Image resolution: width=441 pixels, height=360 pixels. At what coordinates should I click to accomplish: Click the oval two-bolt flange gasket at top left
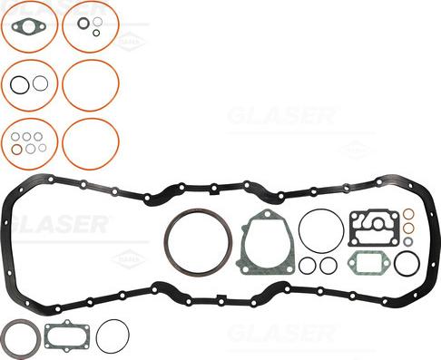coord(30,26)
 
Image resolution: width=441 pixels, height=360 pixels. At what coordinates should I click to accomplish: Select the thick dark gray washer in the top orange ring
coord(83,23)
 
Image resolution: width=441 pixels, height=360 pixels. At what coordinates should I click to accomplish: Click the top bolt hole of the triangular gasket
coord(264,216)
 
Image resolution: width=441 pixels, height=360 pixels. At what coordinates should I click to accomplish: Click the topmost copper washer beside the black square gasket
coord(408,214)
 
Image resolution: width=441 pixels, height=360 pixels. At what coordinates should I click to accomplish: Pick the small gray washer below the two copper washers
coord(408,242)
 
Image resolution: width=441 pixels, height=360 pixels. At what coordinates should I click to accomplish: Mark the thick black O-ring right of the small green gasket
coord(407,263)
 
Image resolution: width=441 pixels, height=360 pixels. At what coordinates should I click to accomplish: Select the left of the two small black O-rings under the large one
coord(309,266)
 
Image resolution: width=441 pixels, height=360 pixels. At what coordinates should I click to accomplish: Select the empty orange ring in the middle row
coord(90,85)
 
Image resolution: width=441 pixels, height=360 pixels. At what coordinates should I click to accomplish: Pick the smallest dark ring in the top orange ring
coord(95,33)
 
